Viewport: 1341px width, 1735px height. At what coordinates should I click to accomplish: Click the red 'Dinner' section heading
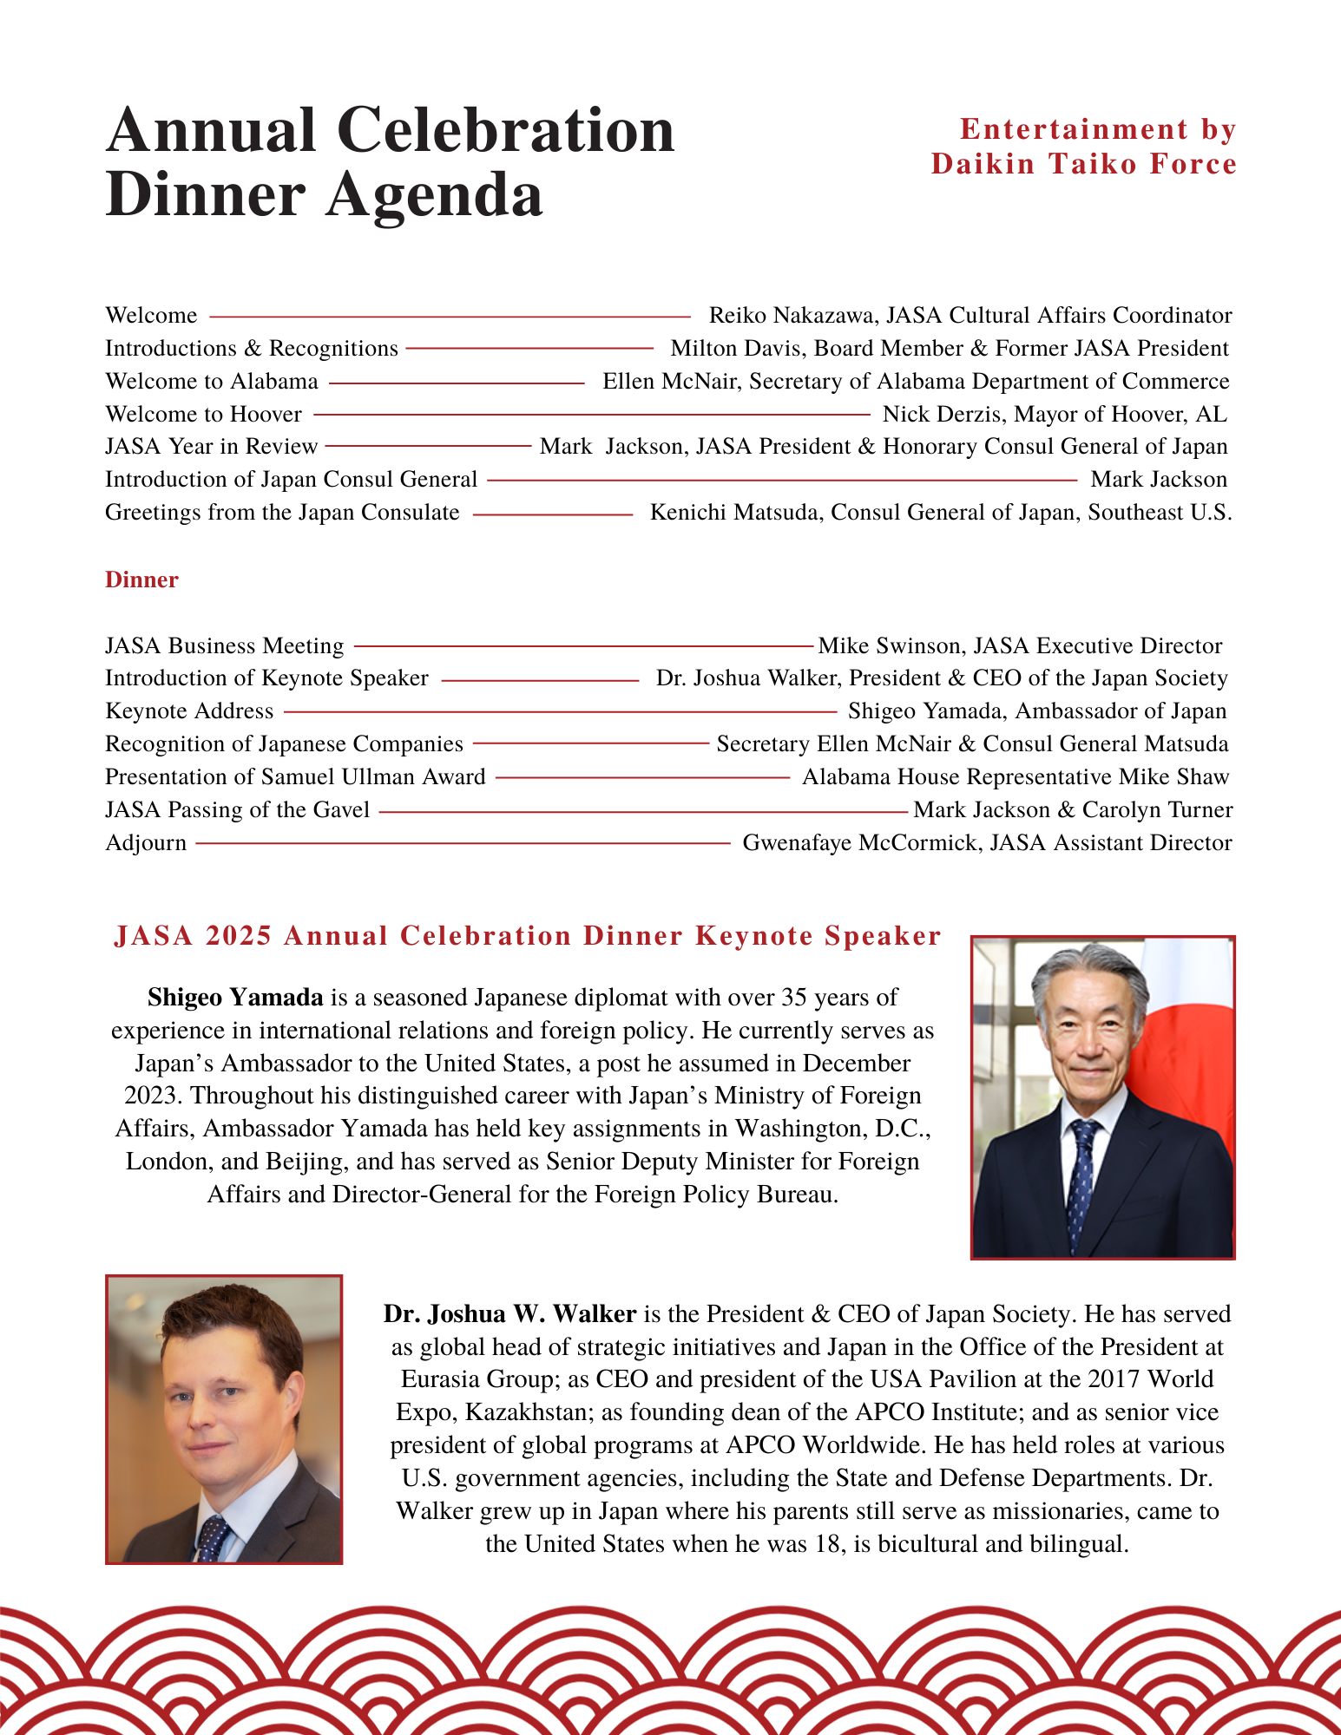tap(141, 579)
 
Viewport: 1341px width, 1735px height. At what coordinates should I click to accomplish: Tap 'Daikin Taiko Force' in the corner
tap(1083, 164)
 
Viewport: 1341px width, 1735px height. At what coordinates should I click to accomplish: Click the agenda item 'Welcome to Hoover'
tap(203, 414)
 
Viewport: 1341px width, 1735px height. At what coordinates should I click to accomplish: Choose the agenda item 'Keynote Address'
tap(189, 711)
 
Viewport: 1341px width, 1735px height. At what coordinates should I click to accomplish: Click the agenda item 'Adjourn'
tap(146, 843)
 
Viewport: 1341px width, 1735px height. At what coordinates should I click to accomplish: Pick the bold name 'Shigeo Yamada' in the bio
tap(235, 998)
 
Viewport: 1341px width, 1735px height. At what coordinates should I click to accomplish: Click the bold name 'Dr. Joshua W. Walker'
tap(509, 1314)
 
